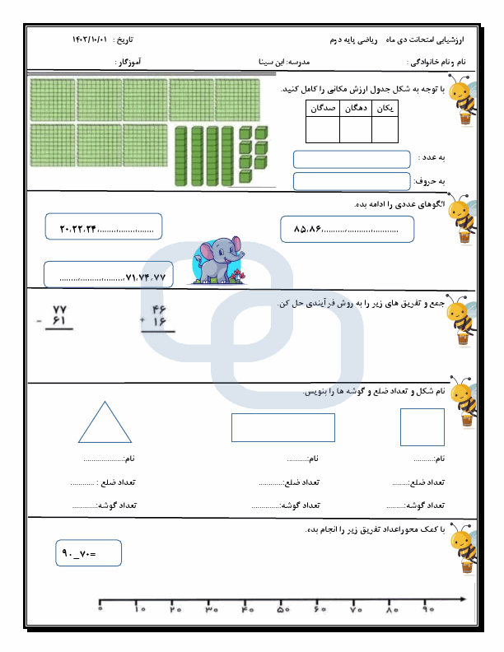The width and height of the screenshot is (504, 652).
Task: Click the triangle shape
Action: click(105, 424)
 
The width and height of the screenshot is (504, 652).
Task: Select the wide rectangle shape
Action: click(283, 427)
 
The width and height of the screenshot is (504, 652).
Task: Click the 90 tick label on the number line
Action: click(428, 611)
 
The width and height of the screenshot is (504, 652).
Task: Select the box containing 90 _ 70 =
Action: click(89, 553)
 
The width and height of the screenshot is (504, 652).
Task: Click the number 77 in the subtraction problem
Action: click(58, 309)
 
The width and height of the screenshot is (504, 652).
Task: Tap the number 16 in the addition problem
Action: click(159, 322)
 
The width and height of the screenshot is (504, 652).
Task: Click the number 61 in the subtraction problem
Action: click(58, 322)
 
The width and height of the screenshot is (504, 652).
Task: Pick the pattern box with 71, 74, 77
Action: click(109, 274)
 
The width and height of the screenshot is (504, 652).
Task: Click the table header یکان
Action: click(384, 108)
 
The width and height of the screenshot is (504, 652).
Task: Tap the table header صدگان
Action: click(322, 108)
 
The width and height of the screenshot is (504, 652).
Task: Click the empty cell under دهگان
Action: click(355, 130)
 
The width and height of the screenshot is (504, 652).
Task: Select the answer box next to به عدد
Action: click(352, 159)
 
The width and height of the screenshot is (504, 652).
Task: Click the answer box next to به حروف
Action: click(352, 181)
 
